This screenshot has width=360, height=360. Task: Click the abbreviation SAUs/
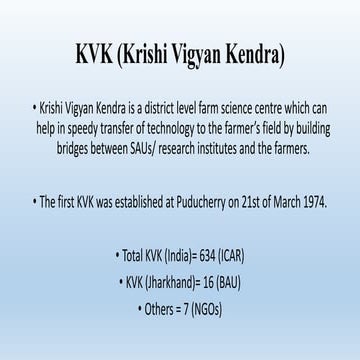point(134,148)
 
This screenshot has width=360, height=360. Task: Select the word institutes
point(210,148)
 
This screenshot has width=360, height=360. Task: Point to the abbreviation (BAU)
point(238,277)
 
